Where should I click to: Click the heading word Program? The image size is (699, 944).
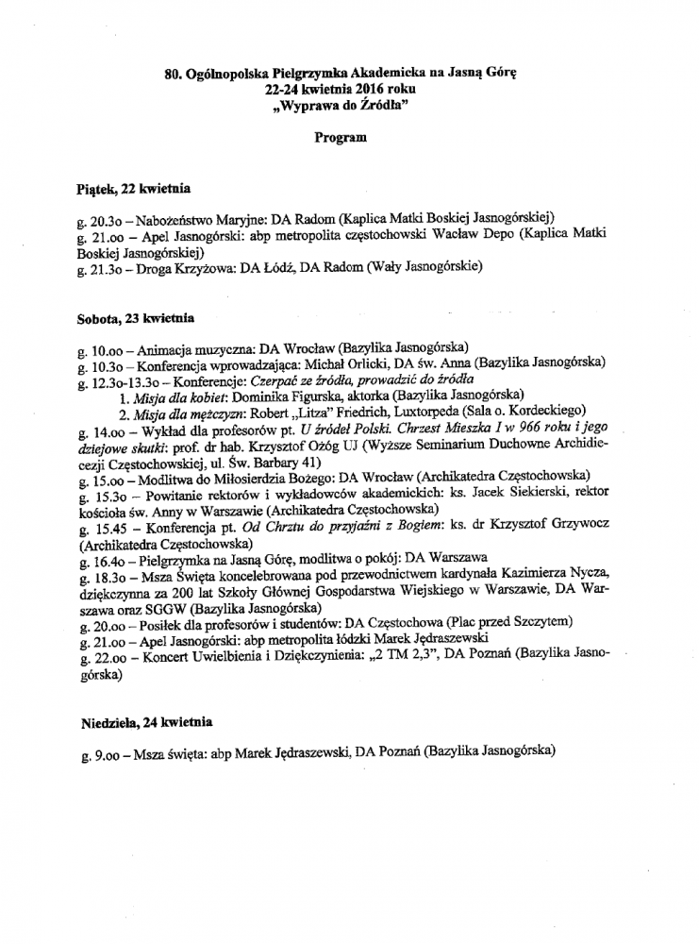(340, 137)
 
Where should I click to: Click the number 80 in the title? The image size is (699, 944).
(173, 71)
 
